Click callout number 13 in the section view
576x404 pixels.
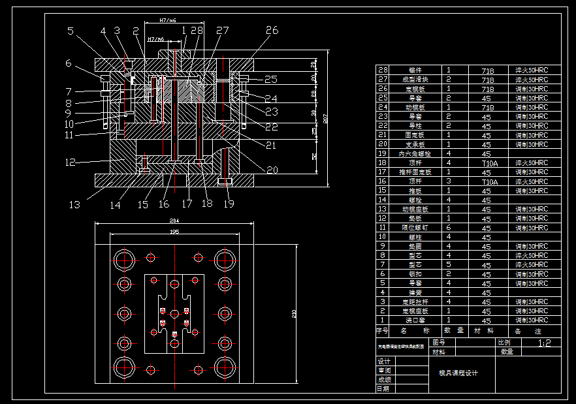pos(75,205)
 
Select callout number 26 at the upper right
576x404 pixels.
pos(272,30)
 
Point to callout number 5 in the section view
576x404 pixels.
pos(71,30)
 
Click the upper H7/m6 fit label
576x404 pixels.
pos(168,21)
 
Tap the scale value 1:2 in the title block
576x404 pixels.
pos(544,343)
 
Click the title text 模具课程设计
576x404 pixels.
pos(458,373)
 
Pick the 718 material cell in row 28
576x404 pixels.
pos(488,70)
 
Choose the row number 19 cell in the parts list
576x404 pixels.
pos(383,153)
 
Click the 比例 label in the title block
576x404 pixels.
pos(504,342)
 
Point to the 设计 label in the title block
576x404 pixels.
pos(384,362)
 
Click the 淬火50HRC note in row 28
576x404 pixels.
pos(532,70)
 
